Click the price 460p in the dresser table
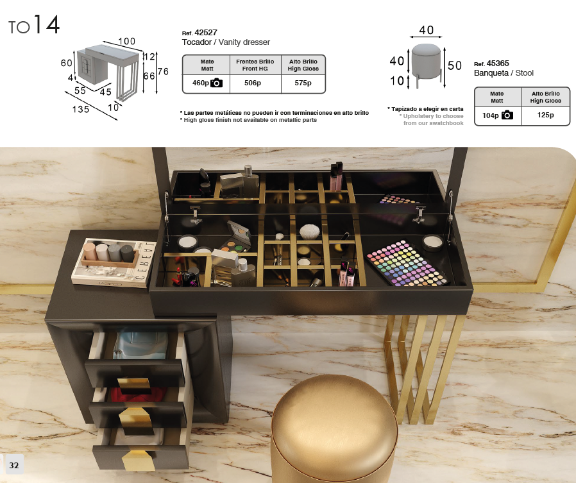coord(201,83)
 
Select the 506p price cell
coord(253,83)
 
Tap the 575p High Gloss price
coord(303,83)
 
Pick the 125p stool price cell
coord(545,115)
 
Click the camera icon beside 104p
coord(507,115)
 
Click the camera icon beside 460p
coord(216,83)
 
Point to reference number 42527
coord(206,33)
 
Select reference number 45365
coord(498,64)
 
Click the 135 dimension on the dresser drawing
coord(81,109)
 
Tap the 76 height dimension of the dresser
coord(163,71)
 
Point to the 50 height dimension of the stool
coord(455,65)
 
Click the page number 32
coord(14,466)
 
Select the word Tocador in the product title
coord(196,42)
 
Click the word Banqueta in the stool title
coord(491,73)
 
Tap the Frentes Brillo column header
coord(255,62)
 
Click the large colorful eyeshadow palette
coord(407,263)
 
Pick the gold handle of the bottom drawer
coord(139,460)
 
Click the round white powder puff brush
coord(309,232)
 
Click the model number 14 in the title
coord(46,24)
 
